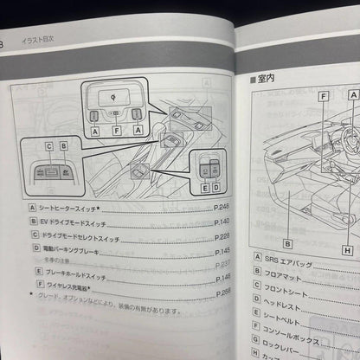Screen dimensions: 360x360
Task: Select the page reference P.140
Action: click(x=221, y=222)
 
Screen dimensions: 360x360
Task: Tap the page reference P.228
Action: click(x=221, y=235)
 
